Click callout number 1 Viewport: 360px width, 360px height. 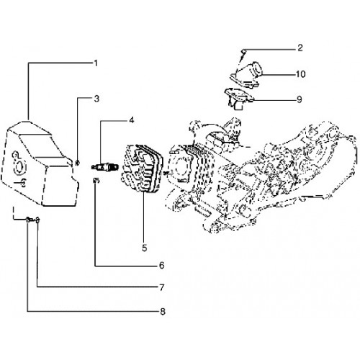click(96, 63)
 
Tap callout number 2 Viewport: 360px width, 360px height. click(300, 48)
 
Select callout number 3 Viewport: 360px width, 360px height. click(96, 99)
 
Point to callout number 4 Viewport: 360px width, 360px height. click(132, 120)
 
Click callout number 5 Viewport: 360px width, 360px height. click(144, 248)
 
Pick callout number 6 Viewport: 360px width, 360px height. click(162, 266)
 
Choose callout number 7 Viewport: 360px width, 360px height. click(162, 287)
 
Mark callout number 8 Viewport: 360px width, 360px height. click(163, 312)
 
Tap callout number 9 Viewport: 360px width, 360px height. click(300, 99)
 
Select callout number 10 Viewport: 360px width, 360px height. click(300, 74)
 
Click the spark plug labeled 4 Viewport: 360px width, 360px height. click(105, 166)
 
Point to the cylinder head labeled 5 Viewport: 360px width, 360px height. click(142, 168)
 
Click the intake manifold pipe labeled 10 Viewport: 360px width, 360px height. click(246, 73)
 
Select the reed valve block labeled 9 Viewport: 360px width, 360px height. click(238, 99)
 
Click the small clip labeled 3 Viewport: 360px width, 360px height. click(77, 163)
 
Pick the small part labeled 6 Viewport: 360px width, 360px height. click(96, 180)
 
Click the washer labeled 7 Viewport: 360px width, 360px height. click(37, 220)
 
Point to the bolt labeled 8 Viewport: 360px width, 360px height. click(30, 220)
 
